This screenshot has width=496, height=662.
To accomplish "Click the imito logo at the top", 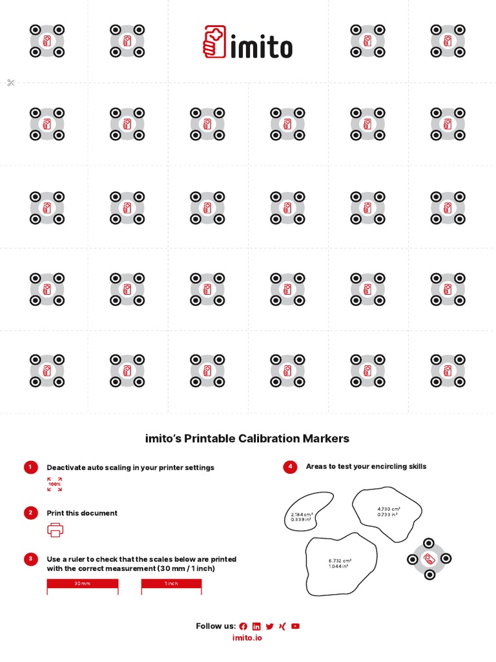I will pos(248,42).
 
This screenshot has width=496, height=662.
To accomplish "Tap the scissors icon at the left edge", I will pos(10,83).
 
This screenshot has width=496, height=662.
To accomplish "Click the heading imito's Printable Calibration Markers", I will pos(247,438).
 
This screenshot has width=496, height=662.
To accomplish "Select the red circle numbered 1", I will pos(30,467).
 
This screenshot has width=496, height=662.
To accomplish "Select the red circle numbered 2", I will pos(30,513).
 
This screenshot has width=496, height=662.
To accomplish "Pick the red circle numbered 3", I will pos(30,559).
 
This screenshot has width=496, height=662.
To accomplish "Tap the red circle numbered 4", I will pos(290,467).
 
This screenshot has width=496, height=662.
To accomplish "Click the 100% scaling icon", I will pos(55,484).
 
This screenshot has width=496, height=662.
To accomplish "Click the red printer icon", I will pos(56,529).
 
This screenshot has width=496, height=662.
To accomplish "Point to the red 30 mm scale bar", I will pos(82,584).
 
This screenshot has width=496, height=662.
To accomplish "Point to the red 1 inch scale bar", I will pos(171,584).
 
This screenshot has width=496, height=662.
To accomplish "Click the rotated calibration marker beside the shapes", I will pos(429,559).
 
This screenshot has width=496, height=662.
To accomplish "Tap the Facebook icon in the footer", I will pos(243,626).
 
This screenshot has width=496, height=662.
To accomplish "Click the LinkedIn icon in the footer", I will pos(256,626).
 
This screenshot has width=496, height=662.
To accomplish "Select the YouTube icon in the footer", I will pos(295,626).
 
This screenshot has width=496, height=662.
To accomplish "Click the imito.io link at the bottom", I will pos(247,637).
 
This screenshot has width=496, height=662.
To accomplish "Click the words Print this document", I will pos(82,513).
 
